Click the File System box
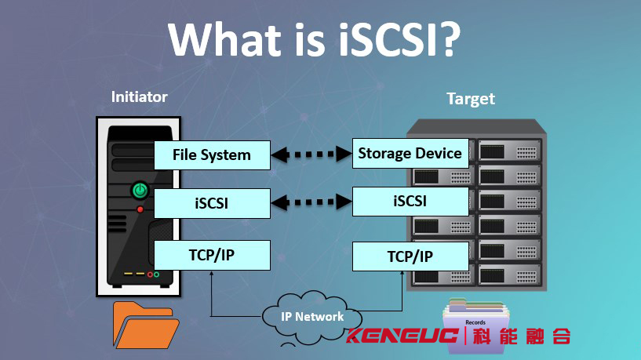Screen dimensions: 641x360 (x=212, y=155)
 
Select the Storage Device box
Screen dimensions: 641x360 (x=410, y=153)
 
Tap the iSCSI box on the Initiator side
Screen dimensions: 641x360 (x=212, y=203)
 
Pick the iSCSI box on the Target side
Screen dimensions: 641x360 (x=410, y=202)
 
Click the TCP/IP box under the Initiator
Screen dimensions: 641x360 (x=212, y=255)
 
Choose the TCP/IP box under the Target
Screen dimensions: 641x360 (x=410, y=256)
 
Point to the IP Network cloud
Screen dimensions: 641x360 (x=312, y=317)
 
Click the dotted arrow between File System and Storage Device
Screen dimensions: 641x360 (x=311, y=155)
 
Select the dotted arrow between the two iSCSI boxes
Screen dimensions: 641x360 (x=311, y=202)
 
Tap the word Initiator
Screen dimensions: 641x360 (x=140, y=96)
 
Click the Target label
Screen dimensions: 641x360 (x=471, y=99)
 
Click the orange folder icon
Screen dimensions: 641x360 (x=145, y=325)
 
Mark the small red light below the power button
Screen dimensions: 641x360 (x=140, y=209)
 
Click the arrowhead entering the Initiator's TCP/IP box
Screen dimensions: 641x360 (x=211, y=273)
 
